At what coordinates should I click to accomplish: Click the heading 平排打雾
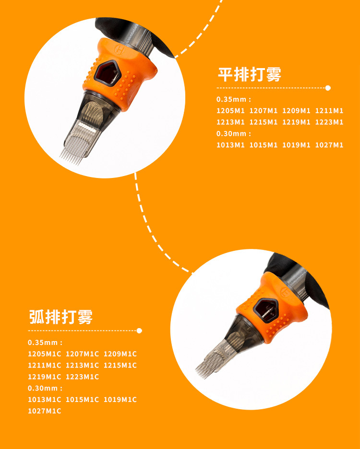249,75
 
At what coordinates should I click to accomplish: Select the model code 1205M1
230,111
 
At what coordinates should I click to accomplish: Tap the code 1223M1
329,122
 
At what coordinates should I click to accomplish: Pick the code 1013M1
230,145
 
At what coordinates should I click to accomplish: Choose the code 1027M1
329,145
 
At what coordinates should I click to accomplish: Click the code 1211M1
329,111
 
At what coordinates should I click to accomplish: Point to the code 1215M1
264,122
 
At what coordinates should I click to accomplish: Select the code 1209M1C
120,354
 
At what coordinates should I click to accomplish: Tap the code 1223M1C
82,377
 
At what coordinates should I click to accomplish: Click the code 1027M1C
44,411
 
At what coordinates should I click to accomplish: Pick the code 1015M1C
82,400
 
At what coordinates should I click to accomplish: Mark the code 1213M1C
82,366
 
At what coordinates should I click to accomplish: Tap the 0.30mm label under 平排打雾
234,134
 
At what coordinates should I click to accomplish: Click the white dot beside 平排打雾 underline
328,88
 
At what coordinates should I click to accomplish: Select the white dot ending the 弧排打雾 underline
139,331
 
